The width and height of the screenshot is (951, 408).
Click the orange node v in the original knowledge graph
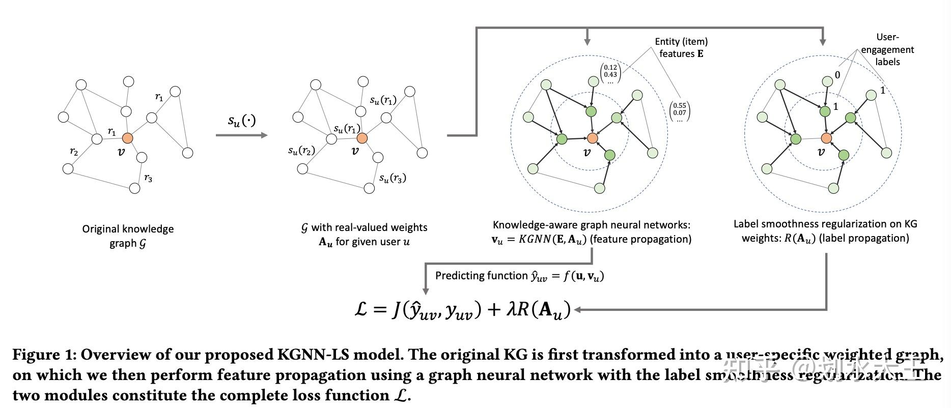tap(127, 138)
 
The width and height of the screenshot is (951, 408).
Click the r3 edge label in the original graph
tap(148, 178)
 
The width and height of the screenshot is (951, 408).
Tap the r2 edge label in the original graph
tap(74, 151)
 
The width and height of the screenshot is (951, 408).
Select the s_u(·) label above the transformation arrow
tap(241, 121)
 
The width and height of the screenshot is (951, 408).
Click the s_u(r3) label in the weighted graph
tap(393, 178)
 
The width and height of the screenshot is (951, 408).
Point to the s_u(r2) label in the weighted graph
tap(301, 150)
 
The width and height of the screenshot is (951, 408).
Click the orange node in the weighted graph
tap(361, 138)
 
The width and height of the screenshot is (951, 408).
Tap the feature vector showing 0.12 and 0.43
tap(610, 74)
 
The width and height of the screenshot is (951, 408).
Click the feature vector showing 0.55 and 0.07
tap(679, 112)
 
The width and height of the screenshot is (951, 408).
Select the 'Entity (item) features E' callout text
tap(681, 47)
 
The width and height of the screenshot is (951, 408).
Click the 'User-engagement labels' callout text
tap(887, 49)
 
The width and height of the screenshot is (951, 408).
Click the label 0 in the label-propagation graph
tap(837, 75)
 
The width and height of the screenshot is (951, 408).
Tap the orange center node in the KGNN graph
tap(592, 138)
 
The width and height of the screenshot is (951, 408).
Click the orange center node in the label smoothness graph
tap(826, 138)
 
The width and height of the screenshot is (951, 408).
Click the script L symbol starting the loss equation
tap(360, 309)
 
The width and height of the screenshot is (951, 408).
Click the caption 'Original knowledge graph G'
tap(128, 236)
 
